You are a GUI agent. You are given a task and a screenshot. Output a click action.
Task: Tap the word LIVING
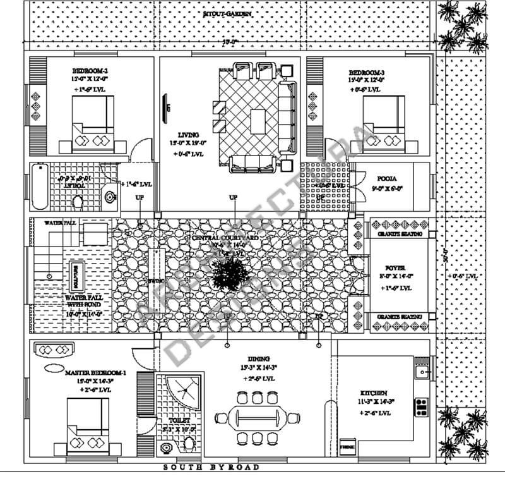click(x=188, y=135)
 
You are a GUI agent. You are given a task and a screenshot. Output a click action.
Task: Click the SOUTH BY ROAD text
click(x=211, y=467)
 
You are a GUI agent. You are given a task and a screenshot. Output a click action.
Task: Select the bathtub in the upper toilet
click(x=40, y=186)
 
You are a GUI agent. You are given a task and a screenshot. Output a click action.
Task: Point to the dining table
click(x=258, y=418)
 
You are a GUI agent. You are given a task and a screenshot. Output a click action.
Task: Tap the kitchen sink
click(x=422, y=372)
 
